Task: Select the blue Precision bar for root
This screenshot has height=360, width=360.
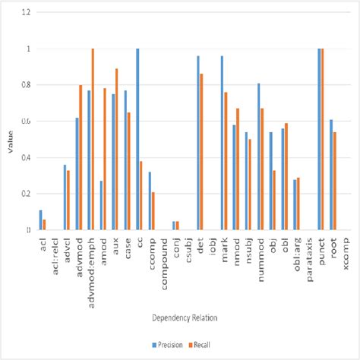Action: click(331, 175)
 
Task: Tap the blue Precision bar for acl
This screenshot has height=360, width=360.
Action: click(40, 219)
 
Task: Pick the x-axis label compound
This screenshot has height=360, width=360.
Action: click(164, 262)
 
